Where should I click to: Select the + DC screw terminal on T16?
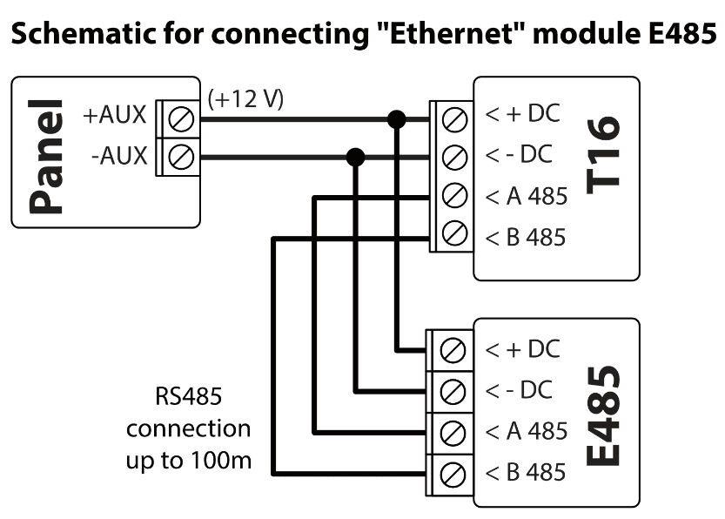pyautogui.click(x=452, y=117)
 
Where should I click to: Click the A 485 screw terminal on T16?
pyautogui.click(x=452, y=196)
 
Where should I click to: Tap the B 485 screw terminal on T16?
pyautogui.click(x=452, y=235)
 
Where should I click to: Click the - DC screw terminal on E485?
pyautogui.click(x=452, y=390)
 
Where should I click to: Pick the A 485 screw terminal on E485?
pyautogui.click(x=452, y=431)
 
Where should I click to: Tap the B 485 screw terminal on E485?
pyautogui.click(x=452, y=473)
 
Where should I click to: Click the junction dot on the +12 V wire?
pyautogui.click(x=396, y=118)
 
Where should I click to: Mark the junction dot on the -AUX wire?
pyautogui.click(x=355, y=158)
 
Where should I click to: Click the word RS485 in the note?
pyautogui.click(x=189, y=399)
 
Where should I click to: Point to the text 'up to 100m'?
pyautogui.click(x=189, y=460)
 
